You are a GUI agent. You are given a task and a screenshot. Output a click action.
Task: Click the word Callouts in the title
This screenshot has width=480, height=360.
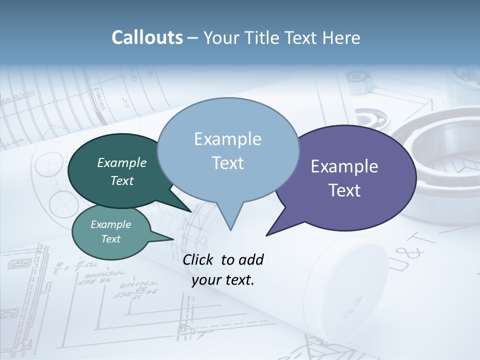(147, 37)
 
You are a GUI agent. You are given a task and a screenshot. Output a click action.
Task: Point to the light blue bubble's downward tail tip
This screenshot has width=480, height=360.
(230, 229)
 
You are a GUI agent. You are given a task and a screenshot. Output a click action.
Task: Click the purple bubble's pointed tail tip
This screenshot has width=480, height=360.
(267, 234)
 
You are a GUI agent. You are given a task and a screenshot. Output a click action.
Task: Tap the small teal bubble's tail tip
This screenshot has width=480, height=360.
(173, 239)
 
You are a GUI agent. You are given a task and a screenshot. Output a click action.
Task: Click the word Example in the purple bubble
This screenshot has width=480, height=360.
(344, 166)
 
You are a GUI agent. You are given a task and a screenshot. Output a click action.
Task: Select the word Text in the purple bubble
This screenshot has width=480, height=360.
(345, 190)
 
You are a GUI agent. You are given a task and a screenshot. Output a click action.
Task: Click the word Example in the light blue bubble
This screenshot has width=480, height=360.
(227, 139)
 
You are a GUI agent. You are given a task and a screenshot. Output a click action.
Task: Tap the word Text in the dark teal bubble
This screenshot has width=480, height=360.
(122, 181)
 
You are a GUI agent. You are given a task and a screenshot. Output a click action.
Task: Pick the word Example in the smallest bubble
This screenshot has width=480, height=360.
(110, 224)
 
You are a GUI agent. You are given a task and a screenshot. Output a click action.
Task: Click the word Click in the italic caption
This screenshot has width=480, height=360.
(198, 259)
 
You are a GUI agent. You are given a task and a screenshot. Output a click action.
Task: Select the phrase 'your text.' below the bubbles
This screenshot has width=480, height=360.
(222, 280)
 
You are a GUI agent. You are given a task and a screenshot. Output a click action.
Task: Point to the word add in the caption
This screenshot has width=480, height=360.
(251, 259)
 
